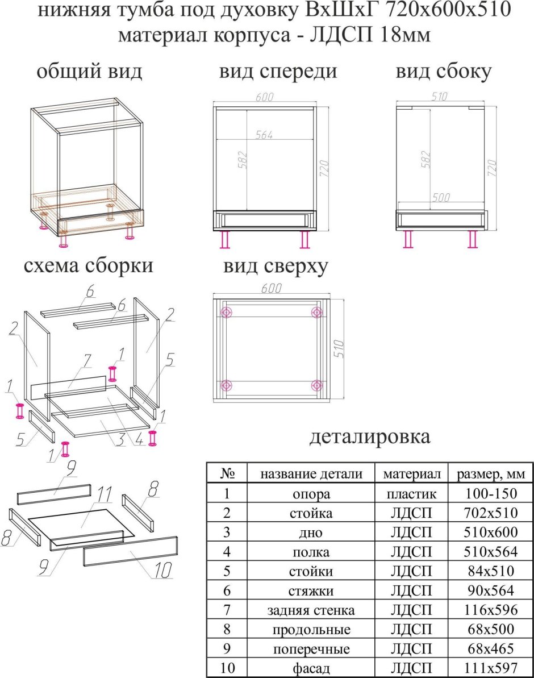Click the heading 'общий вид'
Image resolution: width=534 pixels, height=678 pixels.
(89, 72)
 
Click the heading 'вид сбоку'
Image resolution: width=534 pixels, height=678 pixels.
(444, 72)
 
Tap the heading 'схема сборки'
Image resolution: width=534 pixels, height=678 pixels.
(89, 265)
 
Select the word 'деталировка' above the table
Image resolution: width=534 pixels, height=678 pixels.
(370, 436)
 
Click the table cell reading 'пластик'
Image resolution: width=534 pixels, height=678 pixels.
(412, 494)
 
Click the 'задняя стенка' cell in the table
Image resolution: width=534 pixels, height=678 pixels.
(311, 610)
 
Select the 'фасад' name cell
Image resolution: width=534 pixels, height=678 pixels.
(311, 668)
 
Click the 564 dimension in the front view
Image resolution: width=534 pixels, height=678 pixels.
(264, 135)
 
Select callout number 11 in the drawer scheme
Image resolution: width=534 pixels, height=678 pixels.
(103, 494)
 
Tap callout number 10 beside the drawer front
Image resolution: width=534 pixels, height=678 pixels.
(162, 570)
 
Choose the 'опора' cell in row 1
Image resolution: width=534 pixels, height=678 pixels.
(311, 494)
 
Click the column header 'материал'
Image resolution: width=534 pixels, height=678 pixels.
(412, 474)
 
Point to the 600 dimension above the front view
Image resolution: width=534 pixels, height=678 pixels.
(264, 98)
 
